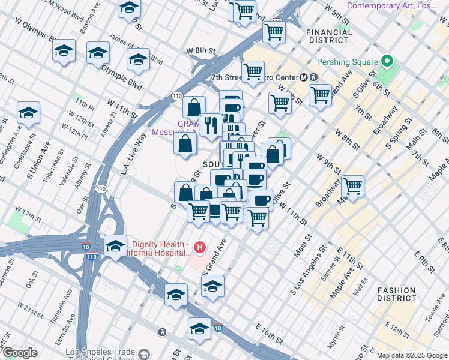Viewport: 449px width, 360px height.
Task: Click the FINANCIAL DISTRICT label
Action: click(327, 36)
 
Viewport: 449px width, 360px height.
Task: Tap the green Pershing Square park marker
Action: click(387, 62)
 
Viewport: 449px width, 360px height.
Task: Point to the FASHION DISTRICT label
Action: click(396, 293)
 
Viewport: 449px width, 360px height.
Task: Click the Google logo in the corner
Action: click(20, 352)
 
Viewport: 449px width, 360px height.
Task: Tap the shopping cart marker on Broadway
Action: click(352, 187)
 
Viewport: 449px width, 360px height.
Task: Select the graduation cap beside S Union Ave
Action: click(28, 112)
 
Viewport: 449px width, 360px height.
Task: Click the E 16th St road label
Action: click(269, 334)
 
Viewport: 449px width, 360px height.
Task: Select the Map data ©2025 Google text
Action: click(411, 355)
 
